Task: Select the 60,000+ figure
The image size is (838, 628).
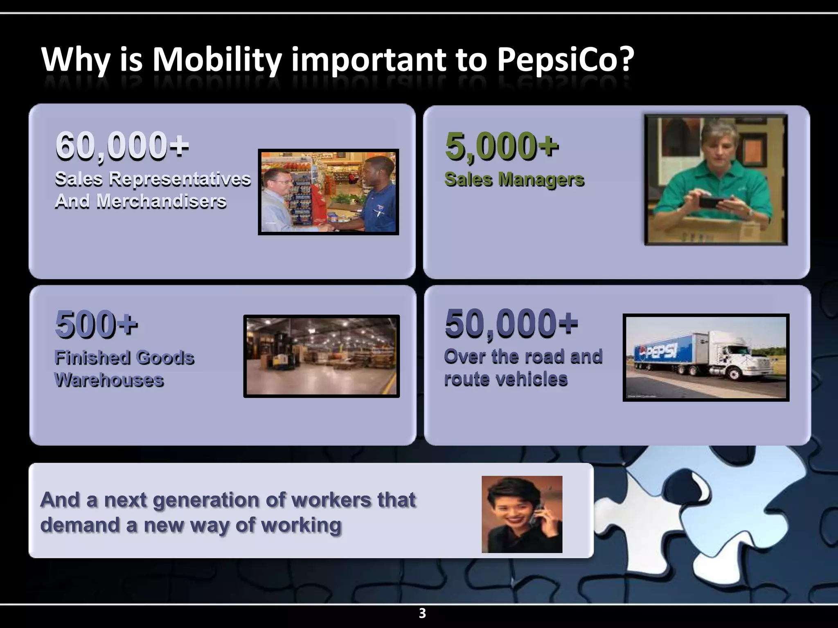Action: coord(122,146)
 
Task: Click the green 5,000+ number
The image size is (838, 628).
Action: coord(502,146)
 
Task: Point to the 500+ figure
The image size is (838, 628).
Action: coord(96,324)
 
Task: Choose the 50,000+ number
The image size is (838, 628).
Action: coord(511,324)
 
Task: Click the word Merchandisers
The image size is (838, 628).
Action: coord(161,202)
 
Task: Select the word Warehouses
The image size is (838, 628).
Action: coord(109,380)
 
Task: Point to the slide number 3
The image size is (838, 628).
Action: coord(422,613)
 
